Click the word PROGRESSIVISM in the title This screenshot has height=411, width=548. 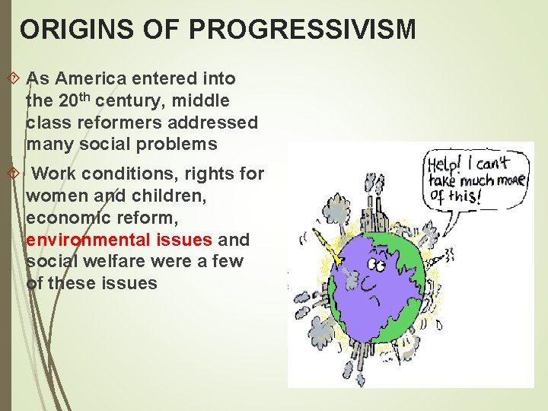(x=302, y=30)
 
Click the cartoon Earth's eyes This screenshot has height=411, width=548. (x=376, y=265)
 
